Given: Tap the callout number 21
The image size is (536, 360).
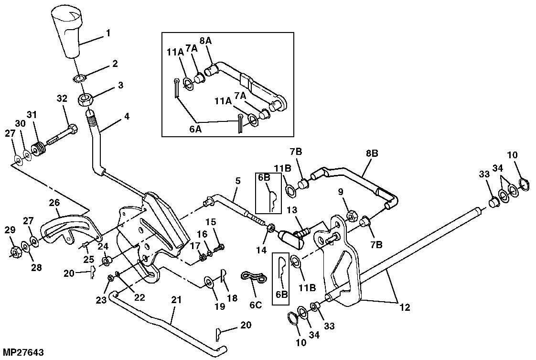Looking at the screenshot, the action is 176,300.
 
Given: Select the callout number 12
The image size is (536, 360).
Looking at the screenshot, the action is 405,307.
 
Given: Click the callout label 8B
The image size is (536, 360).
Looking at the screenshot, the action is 372,153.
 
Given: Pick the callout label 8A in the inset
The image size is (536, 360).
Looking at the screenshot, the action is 205,41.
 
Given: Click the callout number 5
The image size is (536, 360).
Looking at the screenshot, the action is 237,181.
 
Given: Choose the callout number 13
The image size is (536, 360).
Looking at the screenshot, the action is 292,209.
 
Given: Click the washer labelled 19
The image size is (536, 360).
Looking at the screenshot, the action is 208,282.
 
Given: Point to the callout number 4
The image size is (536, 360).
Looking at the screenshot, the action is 127,117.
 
